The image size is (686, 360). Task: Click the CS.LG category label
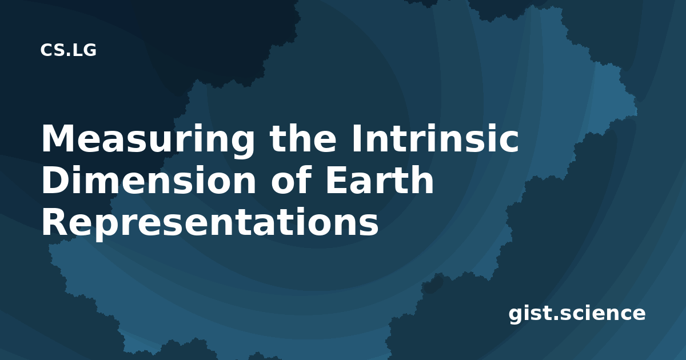point(68,50)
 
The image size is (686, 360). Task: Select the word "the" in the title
point(303,138)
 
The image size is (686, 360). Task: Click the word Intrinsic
point(435,138)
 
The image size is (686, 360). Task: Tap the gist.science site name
point(577,314)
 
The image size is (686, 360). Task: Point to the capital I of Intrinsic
point(356,138)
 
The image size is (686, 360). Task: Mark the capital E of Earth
point(337,180)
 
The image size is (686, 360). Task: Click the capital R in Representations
point(55,222)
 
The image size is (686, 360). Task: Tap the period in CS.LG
point(68,55)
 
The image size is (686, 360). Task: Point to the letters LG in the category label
point(85,50)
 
